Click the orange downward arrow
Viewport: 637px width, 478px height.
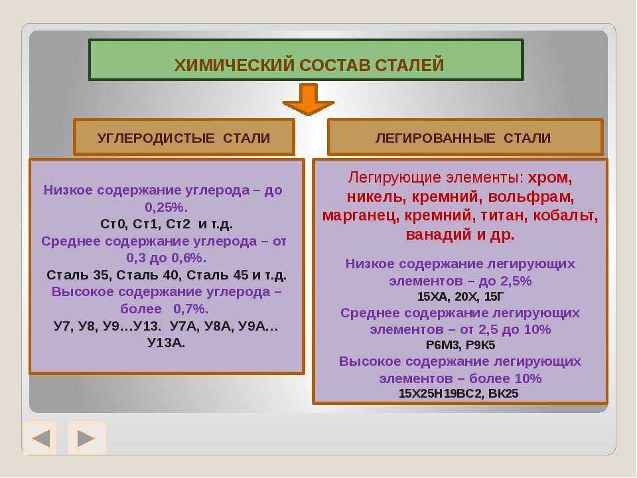point(309,99)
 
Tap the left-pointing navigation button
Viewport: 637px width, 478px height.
point(40,438)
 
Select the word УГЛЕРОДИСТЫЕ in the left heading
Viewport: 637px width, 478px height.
point(155,138)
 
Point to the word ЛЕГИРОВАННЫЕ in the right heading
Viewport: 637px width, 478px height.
point(435,138)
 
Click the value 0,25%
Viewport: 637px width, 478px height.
point(167,207)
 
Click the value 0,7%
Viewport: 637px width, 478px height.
point(191,309)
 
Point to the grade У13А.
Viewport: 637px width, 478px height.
point(166,343)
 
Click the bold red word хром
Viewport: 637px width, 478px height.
point(549,178)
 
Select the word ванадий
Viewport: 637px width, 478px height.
point(439,234)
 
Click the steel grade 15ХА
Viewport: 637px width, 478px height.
point(433,297)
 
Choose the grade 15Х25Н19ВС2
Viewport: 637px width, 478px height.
point(441,394)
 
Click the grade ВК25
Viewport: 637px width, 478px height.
point(503,394)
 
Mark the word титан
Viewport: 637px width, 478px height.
point(504,215)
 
